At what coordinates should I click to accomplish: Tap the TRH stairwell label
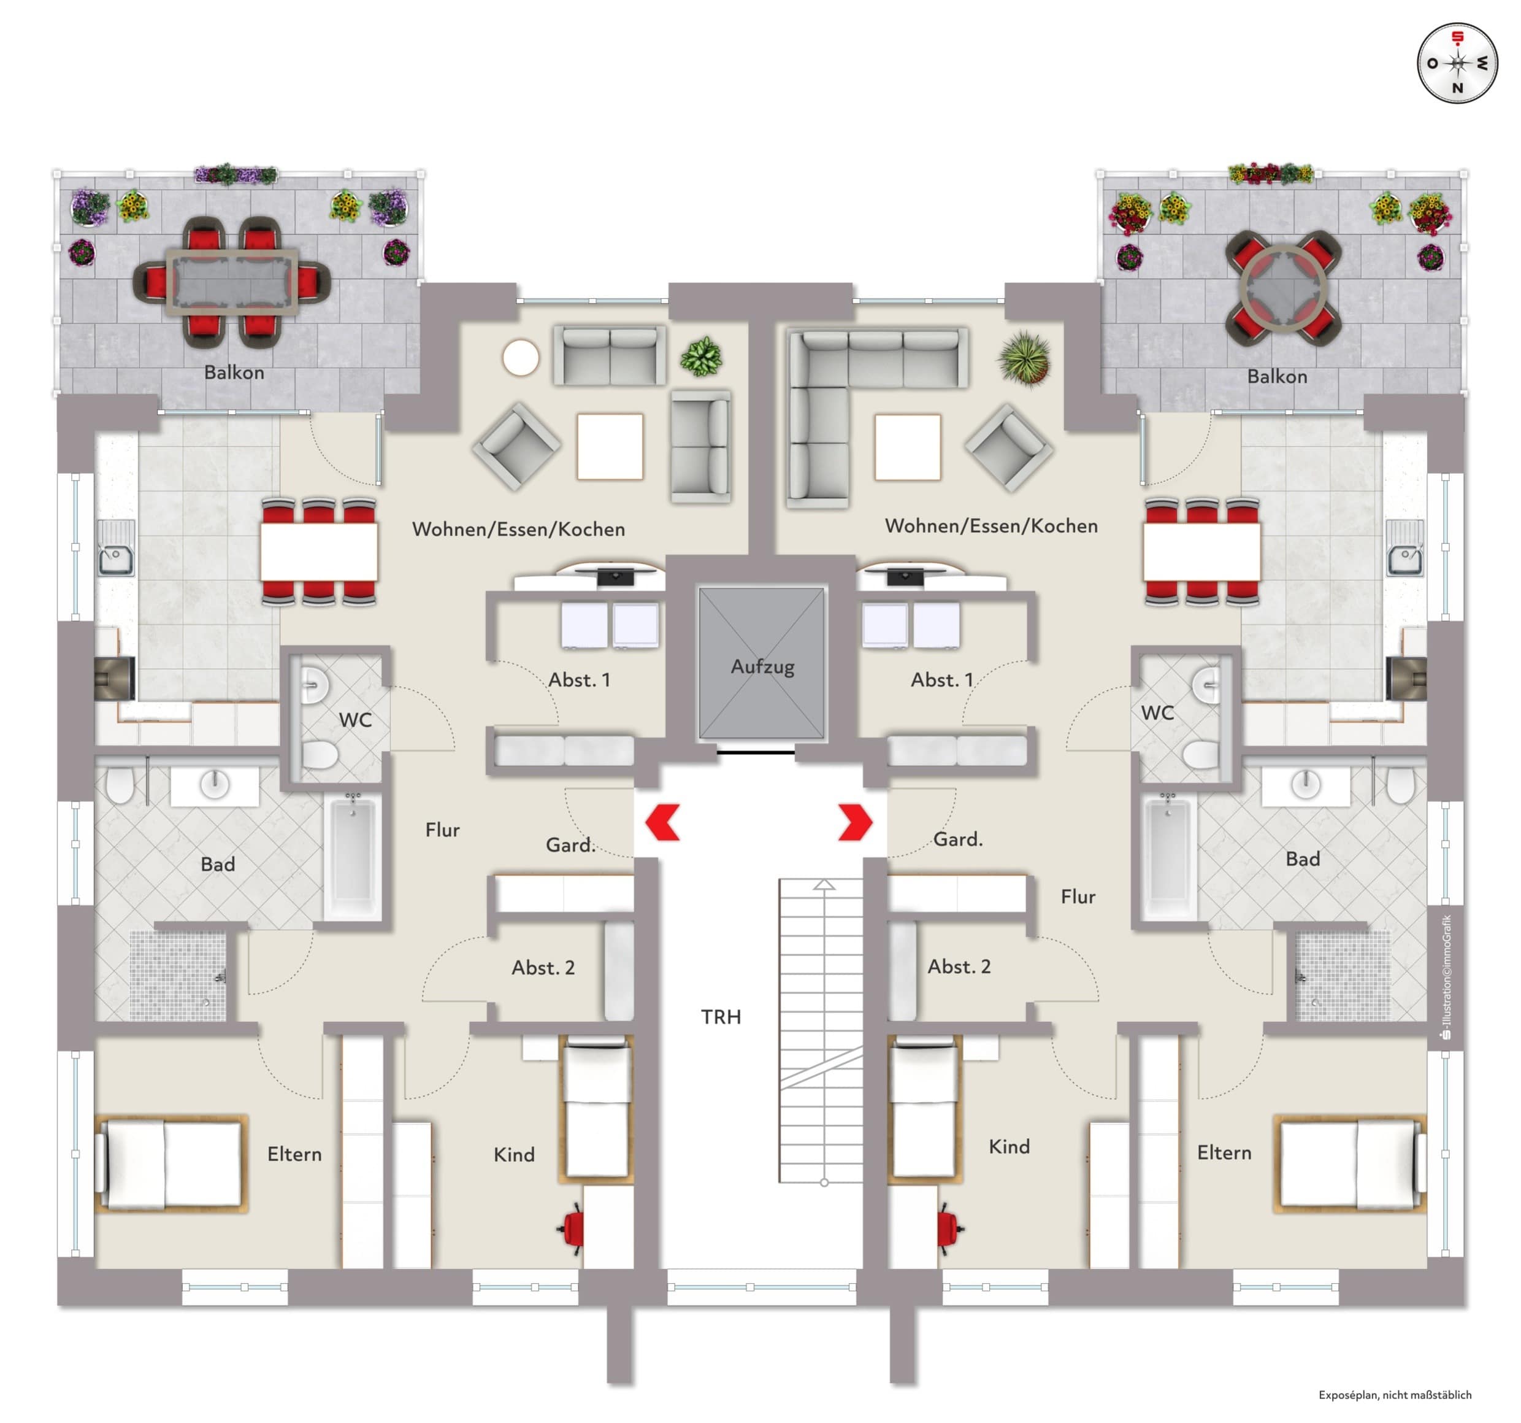(x=721, y=1017)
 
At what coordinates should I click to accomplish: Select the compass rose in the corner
(x=1457, y=63)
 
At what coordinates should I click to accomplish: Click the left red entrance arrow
(x=662, y=822)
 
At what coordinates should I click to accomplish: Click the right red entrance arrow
(x=856, y=822)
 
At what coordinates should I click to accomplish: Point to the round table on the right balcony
(x=1283, y=288)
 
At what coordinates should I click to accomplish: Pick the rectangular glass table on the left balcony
(x=232, y=281)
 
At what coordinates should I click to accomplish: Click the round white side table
(x=520, y=358)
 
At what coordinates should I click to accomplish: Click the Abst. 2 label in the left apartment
(x=543, y=968)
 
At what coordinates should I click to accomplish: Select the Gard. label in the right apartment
(x=958, y=839)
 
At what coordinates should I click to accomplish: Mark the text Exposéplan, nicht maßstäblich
(x=1395, y=1395)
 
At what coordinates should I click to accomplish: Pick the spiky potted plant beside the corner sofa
(x=1024, y=358)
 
